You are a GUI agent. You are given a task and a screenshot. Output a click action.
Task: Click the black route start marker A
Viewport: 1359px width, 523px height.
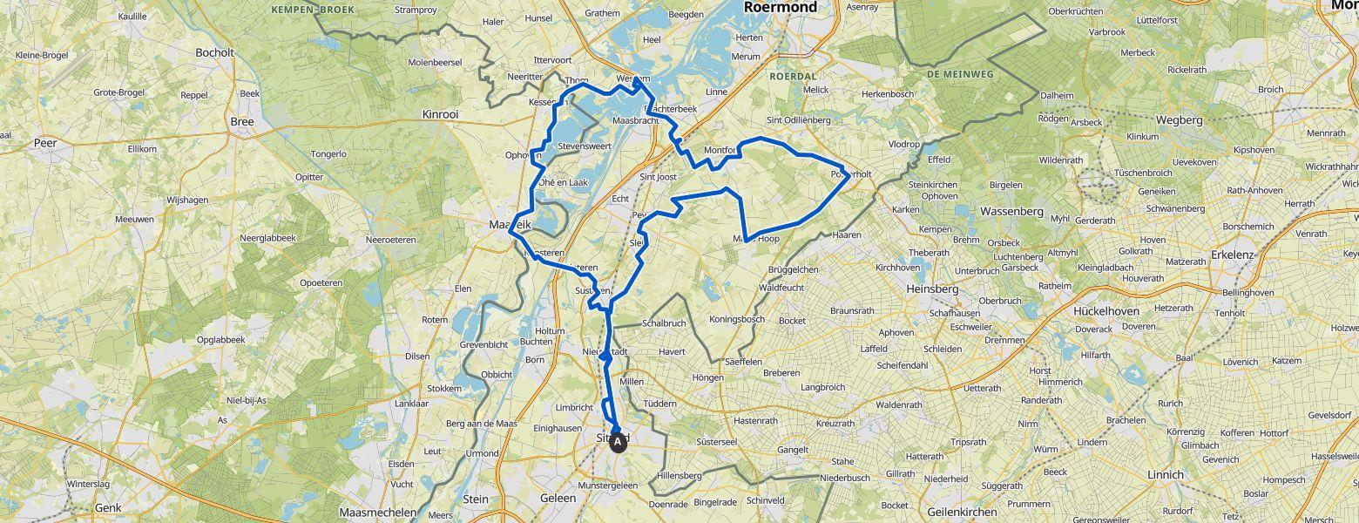tap(618, 443)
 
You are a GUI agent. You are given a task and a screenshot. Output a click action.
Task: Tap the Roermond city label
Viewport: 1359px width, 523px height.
tap(781, 8)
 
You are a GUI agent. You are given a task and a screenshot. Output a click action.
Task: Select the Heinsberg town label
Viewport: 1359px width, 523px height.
tap(932, 289)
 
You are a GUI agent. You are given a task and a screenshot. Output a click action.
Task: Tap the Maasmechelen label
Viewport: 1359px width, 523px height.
tap(377, 513)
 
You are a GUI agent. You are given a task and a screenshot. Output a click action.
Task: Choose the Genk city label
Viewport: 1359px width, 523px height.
tap(108, 507)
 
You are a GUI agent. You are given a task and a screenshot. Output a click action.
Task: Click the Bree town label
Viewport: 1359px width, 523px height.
tap(242, 122)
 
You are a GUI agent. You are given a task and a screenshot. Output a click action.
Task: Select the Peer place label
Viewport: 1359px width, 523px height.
tap(45, 142)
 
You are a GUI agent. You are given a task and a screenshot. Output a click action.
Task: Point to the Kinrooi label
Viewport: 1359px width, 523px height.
tap(440, 114)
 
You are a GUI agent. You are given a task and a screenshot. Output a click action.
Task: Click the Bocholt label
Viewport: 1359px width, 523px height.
tap(214, 52)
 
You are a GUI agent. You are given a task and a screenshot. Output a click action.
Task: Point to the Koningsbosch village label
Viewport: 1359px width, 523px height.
tap(737, 319)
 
